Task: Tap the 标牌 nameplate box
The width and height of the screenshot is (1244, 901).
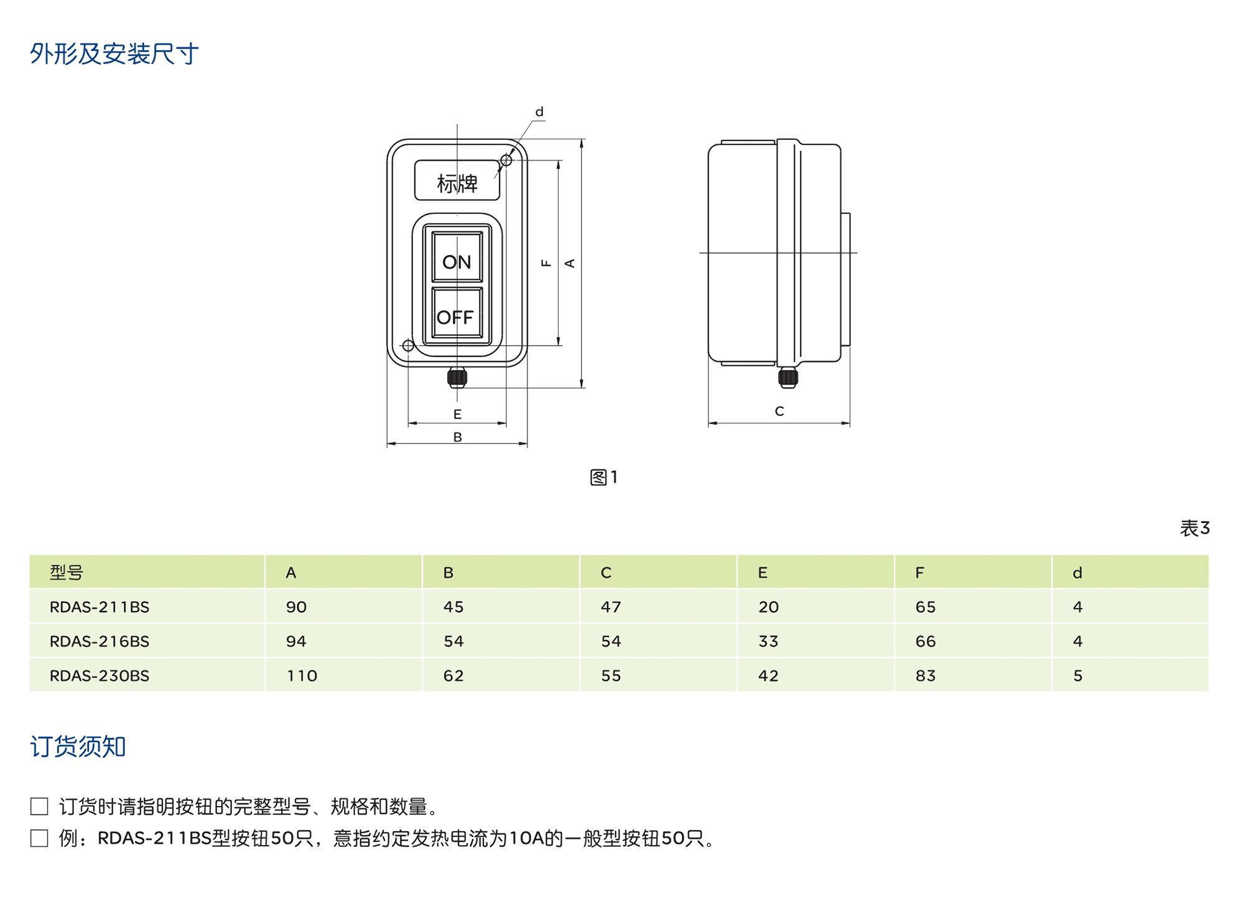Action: [457, 181]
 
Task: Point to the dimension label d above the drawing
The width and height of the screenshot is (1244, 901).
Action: [539, 112]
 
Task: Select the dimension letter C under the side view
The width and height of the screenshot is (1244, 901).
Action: [779, 411]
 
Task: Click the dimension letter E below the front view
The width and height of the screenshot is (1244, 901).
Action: [457, 414]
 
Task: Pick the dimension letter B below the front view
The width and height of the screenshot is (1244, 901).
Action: [457, 437]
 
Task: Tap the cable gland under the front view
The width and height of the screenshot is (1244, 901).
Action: [457, 377]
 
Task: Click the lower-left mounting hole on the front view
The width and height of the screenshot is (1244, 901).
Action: [408, 346]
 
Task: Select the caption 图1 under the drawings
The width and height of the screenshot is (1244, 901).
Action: [603, 478]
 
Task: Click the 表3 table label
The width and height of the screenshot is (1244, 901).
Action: [1194, 529]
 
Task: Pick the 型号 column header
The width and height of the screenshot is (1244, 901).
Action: [67, 573]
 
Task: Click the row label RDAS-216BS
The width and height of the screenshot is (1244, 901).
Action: [100, 641]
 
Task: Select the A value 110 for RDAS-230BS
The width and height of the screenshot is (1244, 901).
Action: [302, 676]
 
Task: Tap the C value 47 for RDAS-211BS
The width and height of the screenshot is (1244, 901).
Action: [610, 607]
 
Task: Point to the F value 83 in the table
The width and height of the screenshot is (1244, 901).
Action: [925, 676]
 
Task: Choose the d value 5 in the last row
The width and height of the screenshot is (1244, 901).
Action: [1077, 676]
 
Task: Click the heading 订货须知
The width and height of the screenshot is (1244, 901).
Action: [78, 746]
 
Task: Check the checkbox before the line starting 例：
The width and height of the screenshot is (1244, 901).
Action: [39, 838]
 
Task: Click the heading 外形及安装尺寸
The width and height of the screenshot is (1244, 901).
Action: [114, 54]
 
